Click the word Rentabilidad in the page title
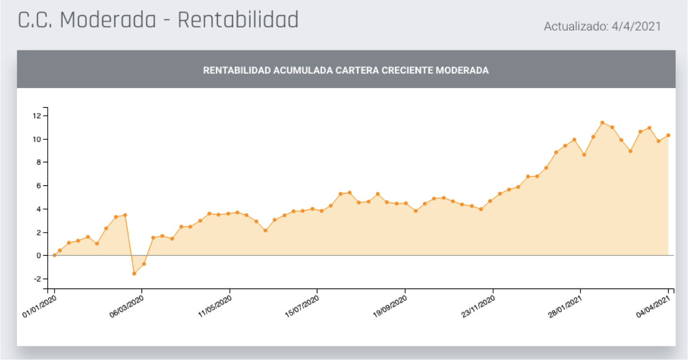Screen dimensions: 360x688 coord(238,20)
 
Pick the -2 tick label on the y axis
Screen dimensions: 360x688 coord(36,279)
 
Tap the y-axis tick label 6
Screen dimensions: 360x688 coord(38,186)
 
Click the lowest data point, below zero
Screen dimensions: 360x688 coord(134,273)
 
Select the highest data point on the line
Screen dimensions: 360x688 coord(602,123)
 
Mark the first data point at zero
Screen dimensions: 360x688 coord(55,255)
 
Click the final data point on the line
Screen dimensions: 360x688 coord(668,135)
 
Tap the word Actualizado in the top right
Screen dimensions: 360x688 coord(573,27)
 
